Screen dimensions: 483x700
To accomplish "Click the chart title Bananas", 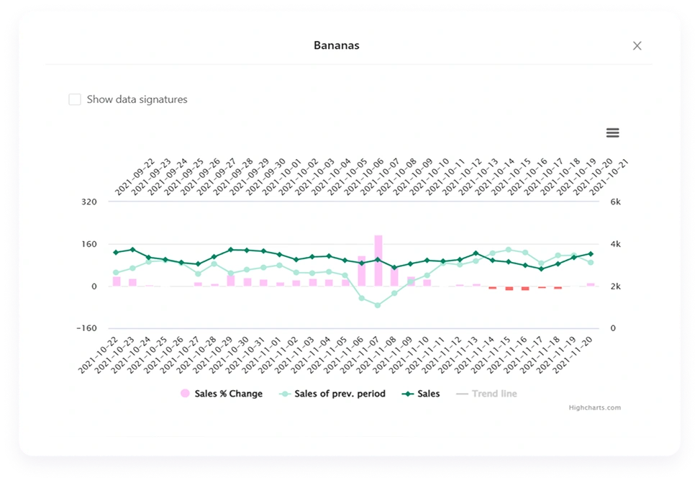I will (336, 45).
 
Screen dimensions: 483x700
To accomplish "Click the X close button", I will (637, 45).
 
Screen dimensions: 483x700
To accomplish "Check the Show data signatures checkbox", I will (75, 99).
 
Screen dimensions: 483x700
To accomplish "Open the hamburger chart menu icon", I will (612, 132).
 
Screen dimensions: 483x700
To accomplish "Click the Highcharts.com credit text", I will (594, 407).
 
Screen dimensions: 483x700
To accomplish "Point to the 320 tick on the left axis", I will (88, 202).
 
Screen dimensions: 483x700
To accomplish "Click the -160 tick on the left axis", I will (86, 328).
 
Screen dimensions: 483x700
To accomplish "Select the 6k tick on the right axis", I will (615, 202).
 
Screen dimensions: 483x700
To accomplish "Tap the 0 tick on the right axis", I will (613, 328).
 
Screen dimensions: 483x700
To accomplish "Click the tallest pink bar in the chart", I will (378, 260).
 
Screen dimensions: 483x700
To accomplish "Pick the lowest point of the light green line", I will (378, 305).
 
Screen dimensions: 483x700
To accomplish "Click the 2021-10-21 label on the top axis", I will (610, 177).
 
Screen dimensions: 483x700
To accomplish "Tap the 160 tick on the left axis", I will (88, 244).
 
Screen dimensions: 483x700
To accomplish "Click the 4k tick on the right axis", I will (615, 244).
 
